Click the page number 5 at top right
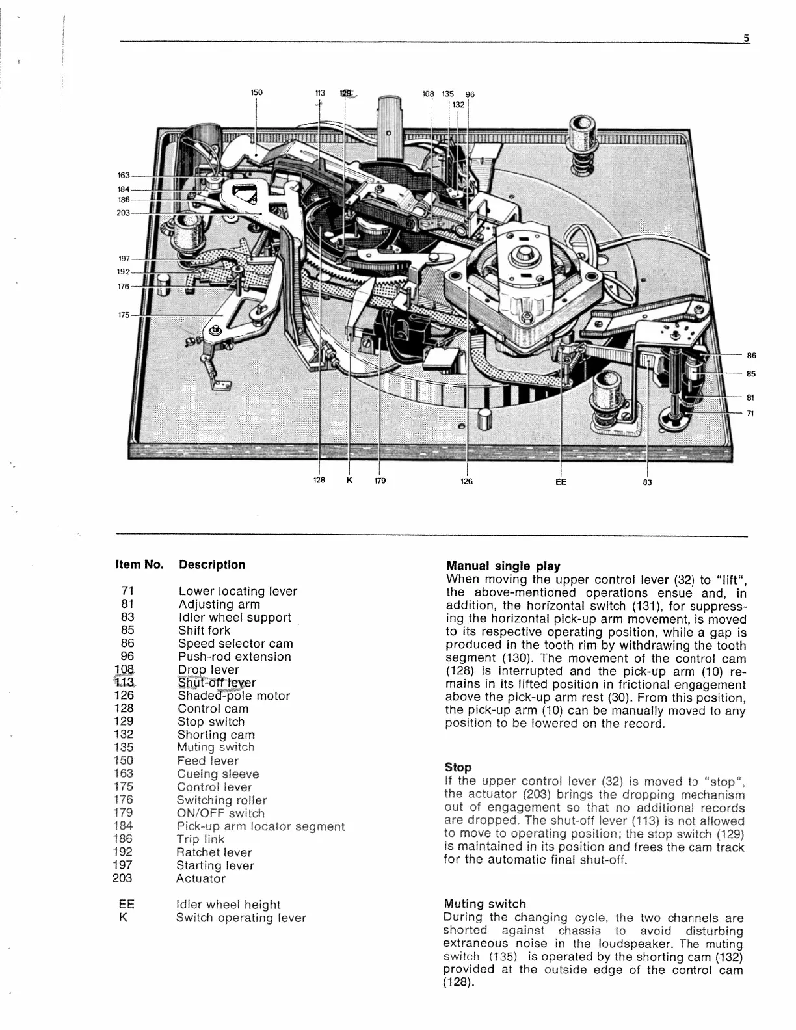747,38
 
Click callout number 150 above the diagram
257,92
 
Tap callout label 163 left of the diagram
124,176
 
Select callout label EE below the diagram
561,482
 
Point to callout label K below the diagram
349,481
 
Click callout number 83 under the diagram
647,482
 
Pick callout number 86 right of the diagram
751,356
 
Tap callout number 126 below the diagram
466,482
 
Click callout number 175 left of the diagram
124,315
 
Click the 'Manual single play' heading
503,566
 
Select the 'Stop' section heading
458,767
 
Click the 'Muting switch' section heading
484,904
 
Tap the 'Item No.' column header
139,564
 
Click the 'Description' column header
212,564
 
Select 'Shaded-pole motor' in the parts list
234,696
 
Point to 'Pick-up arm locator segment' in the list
260,826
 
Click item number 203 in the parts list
122,878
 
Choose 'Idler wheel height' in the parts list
228,905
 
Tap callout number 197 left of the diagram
124,259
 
